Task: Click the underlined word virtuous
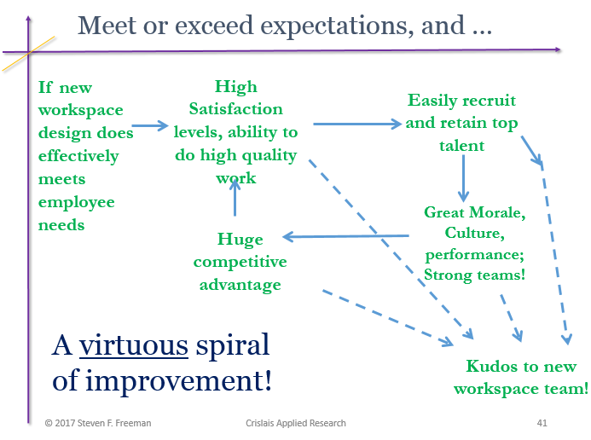[x=134, y=345]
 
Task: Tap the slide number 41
[x=542, y=423]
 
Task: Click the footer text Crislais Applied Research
[x=294, y=423]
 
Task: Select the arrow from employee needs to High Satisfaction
[x=150, y=126]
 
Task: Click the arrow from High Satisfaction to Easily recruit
[x=356, y=124]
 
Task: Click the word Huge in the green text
[x=240, y=240]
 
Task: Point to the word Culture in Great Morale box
[x=472, y=233]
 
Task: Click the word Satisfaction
[x=235, y=109]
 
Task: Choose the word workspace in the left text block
[x=81, y=110]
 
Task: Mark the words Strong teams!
[x=474, y=274]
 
